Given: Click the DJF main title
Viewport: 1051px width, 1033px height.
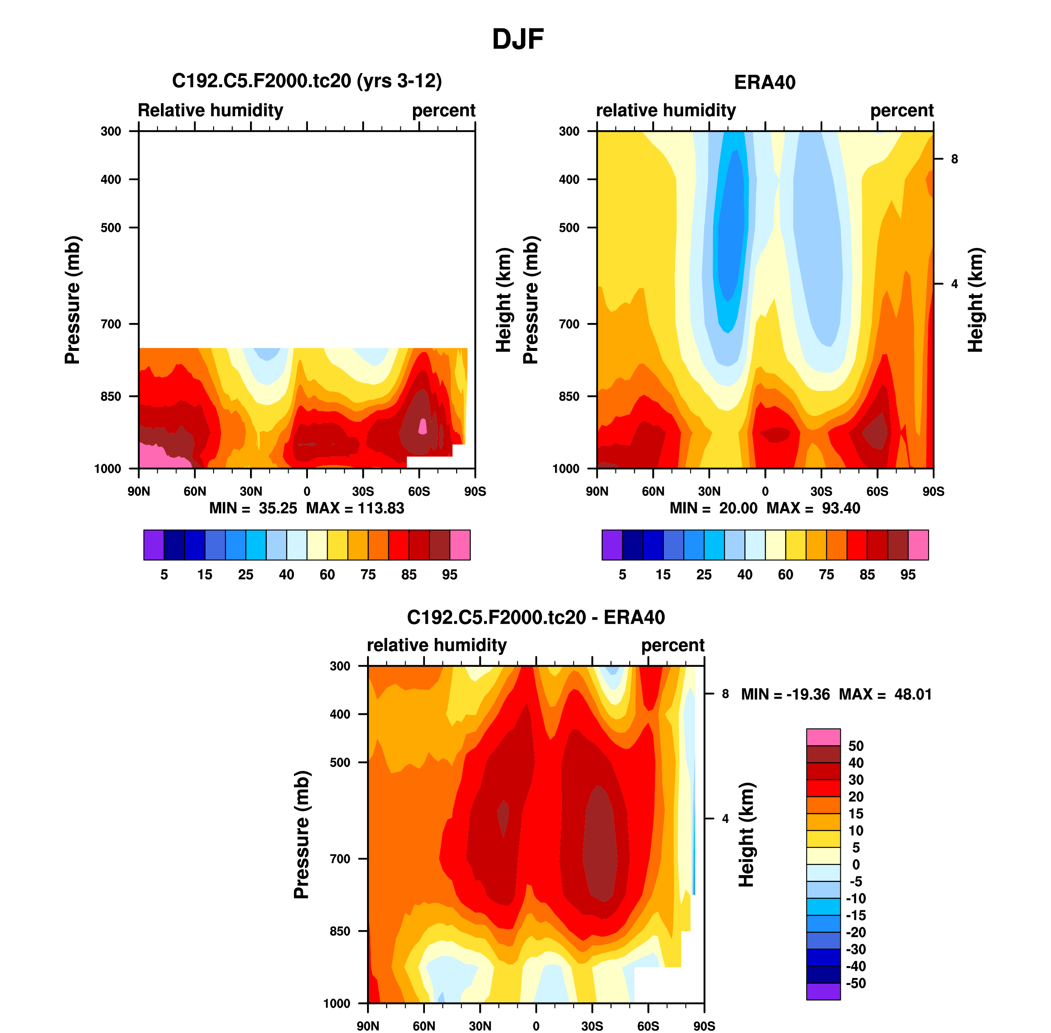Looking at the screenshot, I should pos(518,39).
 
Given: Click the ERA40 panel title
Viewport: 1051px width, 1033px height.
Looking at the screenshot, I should pos(764,82).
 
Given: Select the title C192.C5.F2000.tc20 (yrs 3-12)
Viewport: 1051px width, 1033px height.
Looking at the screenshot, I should pos(307,81).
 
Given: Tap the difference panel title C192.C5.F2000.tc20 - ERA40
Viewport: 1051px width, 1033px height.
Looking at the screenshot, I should pos(535,617).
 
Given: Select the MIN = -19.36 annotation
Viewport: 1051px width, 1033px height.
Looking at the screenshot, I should pos(785,694).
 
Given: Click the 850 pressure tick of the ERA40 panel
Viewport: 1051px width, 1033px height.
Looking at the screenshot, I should pos(569,396).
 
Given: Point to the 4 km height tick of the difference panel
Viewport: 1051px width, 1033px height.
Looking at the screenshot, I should pos(725,819).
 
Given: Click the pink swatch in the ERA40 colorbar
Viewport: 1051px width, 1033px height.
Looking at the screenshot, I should pos(918,545).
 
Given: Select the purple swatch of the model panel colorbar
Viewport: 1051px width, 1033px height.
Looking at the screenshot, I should pos(154,545).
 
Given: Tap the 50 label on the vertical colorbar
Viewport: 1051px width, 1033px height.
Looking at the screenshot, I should pos(856,746).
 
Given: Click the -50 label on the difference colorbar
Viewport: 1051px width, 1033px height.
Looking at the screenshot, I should pos(855,983).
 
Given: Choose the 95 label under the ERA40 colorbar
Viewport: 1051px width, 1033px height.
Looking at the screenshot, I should pos(908,575).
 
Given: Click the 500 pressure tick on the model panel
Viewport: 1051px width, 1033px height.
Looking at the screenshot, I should pos(111,228).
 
